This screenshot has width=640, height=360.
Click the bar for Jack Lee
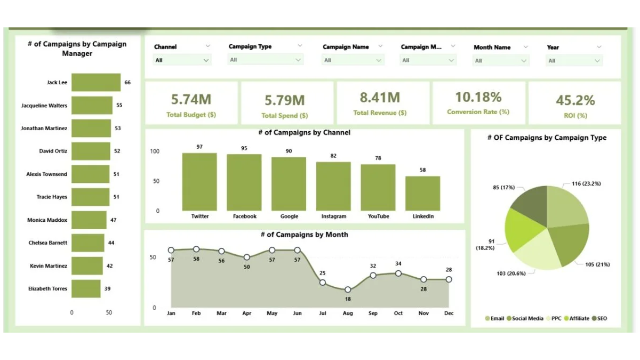point(96,82)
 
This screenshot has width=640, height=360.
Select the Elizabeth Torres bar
point(86,289)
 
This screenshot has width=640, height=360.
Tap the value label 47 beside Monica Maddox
point(113,220)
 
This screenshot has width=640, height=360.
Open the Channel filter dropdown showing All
point(182,60)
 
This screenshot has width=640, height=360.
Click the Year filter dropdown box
point(574,61)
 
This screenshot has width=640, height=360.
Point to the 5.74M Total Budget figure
point(191,99)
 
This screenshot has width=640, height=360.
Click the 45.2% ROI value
point(575,100)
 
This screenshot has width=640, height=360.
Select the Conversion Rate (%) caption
point(478,112)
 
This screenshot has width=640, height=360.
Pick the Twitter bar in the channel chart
point(199,182)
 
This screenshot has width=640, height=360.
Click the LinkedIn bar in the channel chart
point(423,193)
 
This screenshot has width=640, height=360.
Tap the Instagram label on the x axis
point(334,216)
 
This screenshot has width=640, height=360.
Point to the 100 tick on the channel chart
point(155,151)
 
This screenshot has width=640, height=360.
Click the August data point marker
point(348,290)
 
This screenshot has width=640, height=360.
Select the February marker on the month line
point(196,249)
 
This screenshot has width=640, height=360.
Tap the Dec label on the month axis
point(449,313)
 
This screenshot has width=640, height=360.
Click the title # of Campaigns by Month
point(304,235)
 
